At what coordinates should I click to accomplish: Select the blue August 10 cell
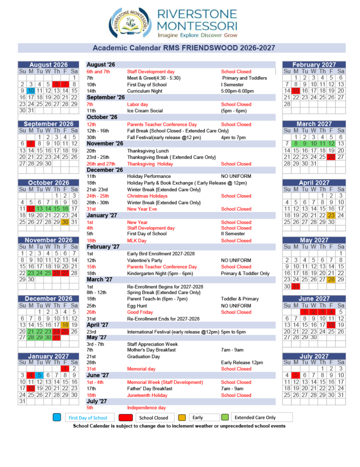click(31, 91)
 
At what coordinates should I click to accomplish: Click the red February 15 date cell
click(295, 91)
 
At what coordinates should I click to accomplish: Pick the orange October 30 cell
click(65, 222)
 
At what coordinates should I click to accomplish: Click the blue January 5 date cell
click(39, 375)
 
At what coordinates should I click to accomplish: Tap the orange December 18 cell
click(65, 325)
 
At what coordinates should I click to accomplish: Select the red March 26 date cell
click(331, 157)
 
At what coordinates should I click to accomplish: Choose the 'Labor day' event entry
click(137, 104)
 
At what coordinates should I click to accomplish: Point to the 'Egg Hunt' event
click(137, 306)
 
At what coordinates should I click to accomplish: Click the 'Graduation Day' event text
click(143, 356)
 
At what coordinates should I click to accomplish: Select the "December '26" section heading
click(105, 170)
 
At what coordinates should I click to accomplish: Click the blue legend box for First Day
click(57, 417)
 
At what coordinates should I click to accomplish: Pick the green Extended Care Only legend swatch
click(225, 417)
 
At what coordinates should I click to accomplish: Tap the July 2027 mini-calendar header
click(314, 356)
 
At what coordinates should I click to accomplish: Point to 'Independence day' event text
click(146, 408)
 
